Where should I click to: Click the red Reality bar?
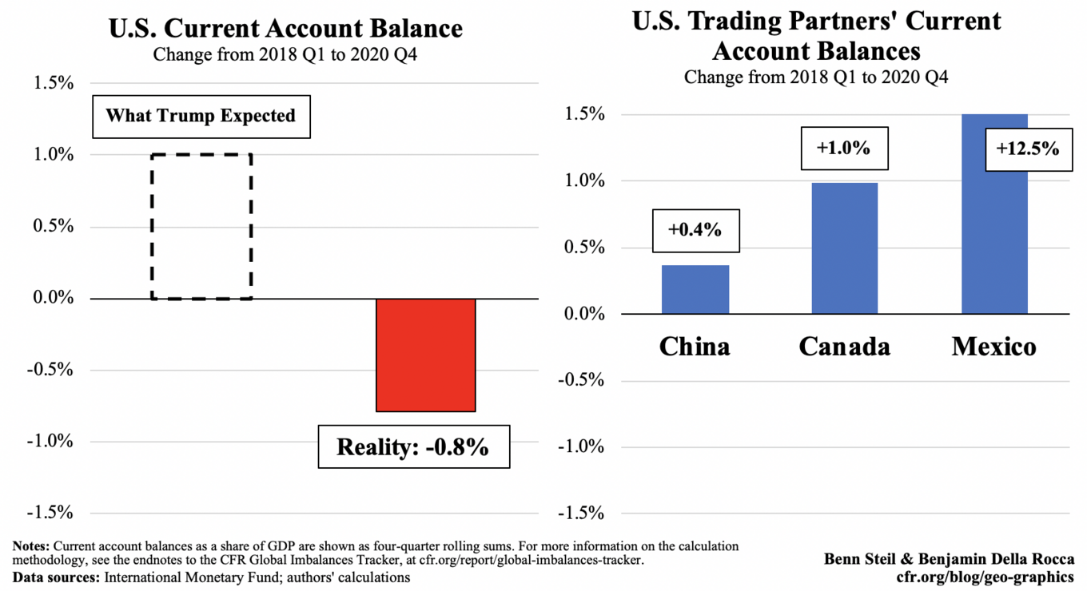pos(426,355)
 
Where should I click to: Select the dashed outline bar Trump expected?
pos(201,227)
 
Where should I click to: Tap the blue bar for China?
pos(695,289)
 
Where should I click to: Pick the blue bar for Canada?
pos(845,248)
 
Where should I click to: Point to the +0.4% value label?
pos(695,231)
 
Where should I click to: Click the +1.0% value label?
pos(844,148)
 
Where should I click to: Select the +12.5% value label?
pos(1027,149)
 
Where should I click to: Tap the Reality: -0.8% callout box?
pos(412,446)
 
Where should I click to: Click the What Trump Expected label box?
pos(201,116)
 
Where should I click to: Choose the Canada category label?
pos(845,347)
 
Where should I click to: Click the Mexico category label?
pos(994,347)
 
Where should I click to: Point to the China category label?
pos(695,347)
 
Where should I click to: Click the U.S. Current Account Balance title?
pos(285,29)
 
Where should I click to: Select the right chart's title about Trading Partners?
pos(816,36)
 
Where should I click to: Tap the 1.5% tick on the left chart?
pos(52,83)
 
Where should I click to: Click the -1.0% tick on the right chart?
pos(579,446)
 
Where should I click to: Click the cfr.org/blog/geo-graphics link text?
pos(985,577)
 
